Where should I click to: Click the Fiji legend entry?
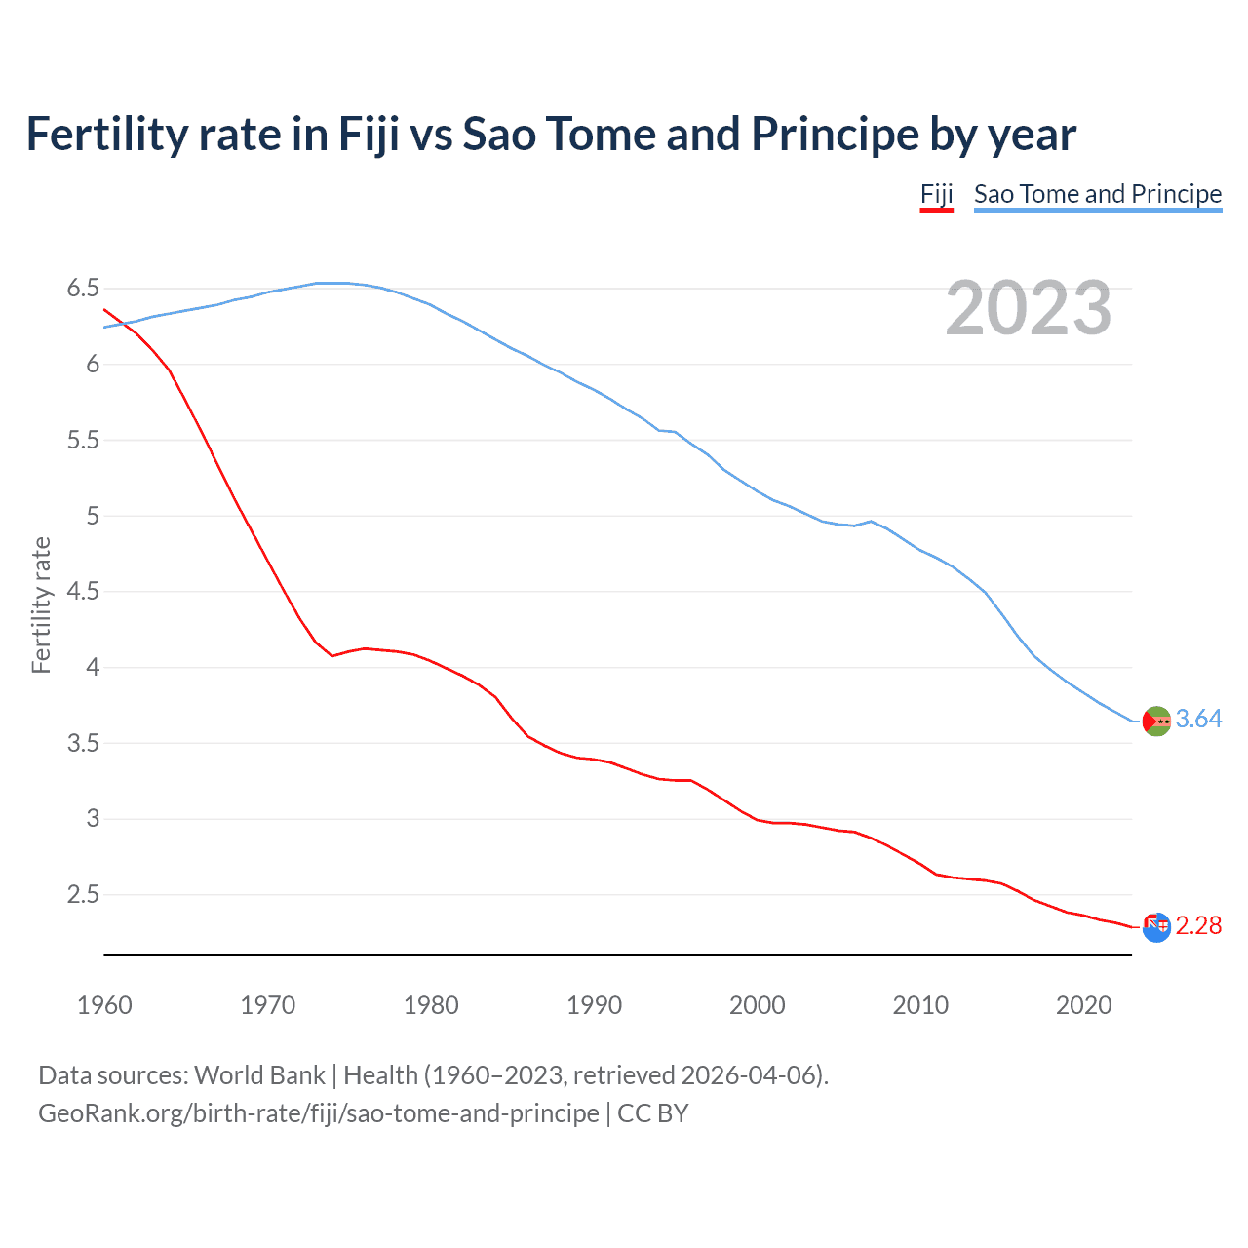point(936,194)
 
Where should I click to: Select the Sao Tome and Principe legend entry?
point(1097,194)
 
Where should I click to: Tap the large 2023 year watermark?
point(1028,308)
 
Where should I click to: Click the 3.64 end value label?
point(1198,719)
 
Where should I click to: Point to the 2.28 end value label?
point(1198,925)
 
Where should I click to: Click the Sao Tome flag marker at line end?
point(1156,721)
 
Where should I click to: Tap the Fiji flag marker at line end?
point(1156,927)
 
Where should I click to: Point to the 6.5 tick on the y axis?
point(83,288)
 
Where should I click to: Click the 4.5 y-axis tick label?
point(83,591)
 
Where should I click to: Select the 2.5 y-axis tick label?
point(83,894)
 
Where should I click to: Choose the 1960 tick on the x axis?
point(104,1005)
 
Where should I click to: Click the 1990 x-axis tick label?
point(594,1005)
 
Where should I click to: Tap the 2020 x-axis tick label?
point(1083,1005)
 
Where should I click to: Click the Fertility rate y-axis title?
point(41,604)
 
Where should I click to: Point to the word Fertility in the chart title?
point(107,135)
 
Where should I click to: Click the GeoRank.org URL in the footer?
point(318,1112)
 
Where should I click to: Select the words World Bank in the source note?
point(259,1074)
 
